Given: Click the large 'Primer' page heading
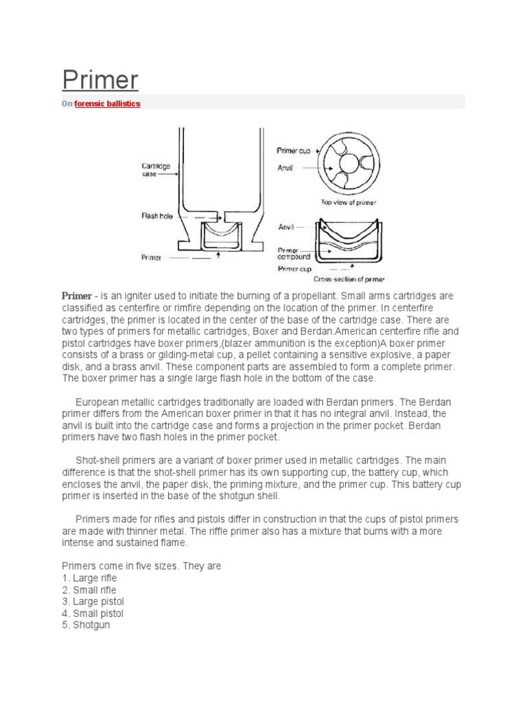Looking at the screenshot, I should (100, 81).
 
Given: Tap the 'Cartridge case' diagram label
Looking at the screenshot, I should (151, 170).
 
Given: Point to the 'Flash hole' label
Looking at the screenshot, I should (157, 215).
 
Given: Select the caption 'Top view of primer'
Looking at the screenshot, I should (349, 202).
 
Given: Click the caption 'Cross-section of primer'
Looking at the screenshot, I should (349, 279).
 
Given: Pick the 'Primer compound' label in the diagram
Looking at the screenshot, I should (294, 254).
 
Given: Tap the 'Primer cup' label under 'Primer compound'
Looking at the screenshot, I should (294, 269).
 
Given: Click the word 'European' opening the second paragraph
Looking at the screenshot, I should (97, 400).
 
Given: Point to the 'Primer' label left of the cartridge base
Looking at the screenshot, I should (151, 258).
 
